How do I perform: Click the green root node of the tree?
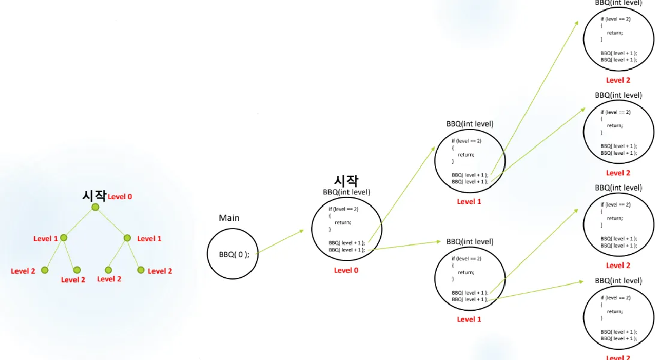tap(95, 207)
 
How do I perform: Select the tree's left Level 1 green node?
tap(64, 238)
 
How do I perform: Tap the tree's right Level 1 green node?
tap(127, 238)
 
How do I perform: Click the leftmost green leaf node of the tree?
tap(44, 270)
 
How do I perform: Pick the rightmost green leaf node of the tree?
tap(141, 270)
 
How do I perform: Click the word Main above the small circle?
tap(229, 218)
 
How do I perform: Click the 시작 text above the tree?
tap(94, 196)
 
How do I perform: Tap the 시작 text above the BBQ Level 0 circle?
tap(346, 180)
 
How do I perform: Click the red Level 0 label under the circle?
tap(346, 271)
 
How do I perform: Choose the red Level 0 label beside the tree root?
tap(120, 197)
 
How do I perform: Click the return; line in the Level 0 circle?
tap(343, 222)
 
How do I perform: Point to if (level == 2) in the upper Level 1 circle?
tap(467, 141)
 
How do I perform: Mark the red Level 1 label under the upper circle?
tap(469, 202)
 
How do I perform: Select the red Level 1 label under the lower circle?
tap(469, 319)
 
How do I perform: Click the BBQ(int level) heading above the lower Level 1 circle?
tap(470, 241)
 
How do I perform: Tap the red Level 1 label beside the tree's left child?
tap(46, 239)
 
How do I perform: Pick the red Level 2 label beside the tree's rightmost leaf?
tap(160, 271)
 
